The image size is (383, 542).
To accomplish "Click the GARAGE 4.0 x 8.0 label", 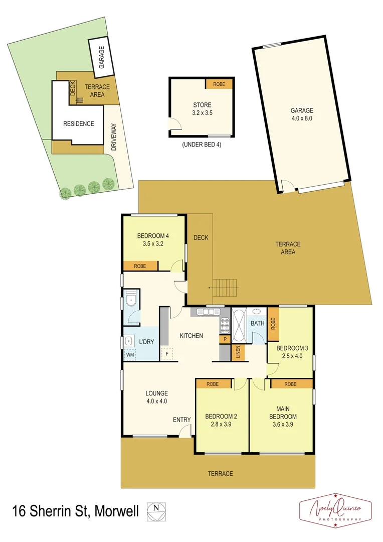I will click(302, 114).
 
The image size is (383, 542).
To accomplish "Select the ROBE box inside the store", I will click(219, 84).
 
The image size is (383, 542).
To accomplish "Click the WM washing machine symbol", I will click(130, 355).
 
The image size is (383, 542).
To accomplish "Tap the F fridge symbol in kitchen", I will click(166, 354).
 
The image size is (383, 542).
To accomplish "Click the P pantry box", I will click(225, 340).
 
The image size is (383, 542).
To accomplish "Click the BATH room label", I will click(258, 324).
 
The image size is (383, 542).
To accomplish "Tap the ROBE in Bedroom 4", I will click(140, 266).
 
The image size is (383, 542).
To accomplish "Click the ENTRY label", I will click(181, 420).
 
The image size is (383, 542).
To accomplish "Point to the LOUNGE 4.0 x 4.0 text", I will click(157, 397).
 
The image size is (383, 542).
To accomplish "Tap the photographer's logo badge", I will click(335, 511).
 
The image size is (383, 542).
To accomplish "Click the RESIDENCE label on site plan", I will click(78, 123).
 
